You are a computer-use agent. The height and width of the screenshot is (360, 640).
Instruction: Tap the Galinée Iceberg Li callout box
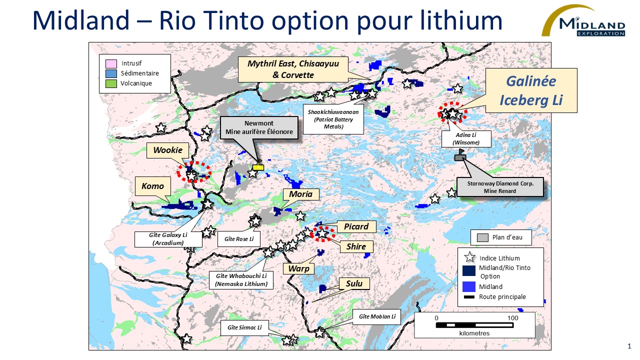click(531, 90)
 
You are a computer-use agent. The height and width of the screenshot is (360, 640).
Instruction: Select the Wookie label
click(164, 150)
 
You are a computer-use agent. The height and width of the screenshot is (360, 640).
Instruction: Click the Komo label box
click(152, 186)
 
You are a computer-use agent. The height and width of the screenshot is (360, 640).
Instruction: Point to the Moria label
click(300, 194)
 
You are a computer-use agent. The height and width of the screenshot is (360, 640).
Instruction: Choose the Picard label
click(356, 226)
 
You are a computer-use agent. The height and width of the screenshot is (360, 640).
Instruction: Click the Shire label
click(356, 246)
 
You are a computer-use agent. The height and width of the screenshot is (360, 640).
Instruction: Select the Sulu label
click(354, 284)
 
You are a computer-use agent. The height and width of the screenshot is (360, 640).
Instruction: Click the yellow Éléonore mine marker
click(258, 167)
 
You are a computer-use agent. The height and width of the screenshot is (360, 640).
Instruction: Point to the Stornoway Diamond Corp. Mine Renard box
click(500, 187)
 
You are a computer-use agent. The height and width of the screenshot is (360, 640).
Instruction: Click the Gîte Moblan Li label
click(377, 316)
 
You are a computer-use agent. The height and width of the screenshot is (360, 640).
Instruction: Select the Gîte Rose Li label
click(239, 239)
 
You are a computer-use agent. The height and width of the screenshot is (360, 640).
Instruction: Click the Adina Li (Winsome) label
click(466, 138)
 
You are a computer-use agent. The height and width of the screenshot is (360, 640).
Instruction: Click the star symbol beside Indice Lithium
click(469, 258)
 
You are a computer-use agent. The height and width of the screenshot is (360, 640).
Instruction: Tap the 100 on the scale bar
click(512, 317)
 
